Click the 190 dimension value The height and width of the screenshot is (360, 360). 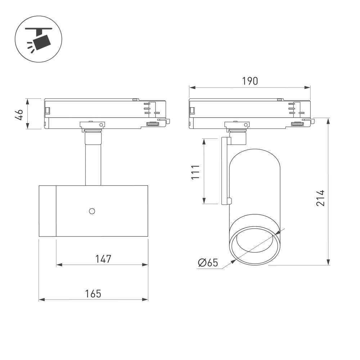point(250,81)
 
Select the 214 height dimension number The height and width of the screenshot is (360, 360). point(320,198)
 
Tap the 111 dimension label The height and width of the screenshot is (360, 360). point(195,172)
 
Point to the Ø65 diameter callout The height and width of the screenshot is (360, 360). point(208,262)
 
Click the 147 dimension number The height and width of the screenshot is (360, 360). point(103,259)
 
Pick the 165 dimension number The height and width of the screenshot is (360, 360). point(93,294)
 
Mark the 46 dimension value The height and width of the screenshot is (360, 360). point(19,114)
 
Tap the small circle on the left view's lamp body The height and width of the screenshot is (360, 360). point(92,211)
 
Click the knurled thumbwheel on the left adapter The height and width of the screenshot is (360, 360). point(153,124)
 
